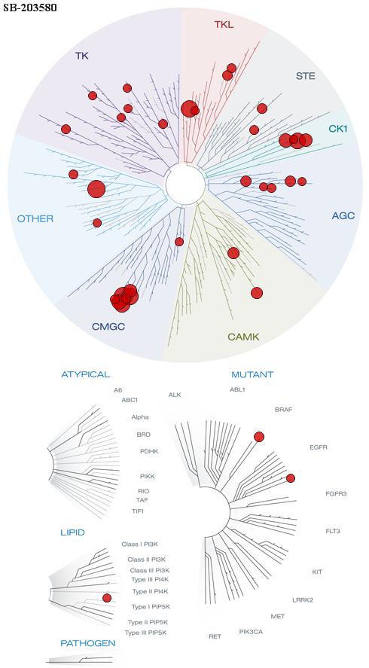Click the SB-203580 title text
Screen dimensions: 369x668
pos(30,8)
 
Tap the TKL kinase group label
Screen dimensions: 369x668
pos(224,25)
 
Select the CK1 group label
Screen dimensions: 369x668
pos(338,128)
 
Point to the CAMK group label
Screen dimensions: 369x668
pos(243,337)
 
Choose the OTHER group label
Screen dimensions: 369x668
pos(35,219)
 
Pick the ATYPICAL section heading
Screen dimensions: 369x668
pos(86,374)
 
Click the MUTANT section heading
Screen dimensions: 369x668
pos(252,374)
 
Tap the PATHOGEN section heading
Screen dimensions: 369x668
pos(88,643)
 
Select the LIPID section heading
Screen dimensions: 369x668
pos(72,532)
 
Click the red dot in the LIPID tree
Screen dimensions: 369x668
pos(107,598)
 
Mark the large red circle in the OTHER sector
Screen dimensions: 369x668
pos(96,189)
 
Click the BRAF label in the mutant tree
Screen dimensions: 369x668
pos(284,410)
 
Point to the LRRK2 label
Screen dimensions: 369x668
pos(303,600)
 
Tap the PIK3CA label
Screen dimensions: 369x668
pos(251,631)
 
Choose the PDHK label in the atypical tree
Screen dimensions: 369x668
pos(149,451)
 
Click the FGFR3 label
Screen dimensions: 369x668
pos(336,494)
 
